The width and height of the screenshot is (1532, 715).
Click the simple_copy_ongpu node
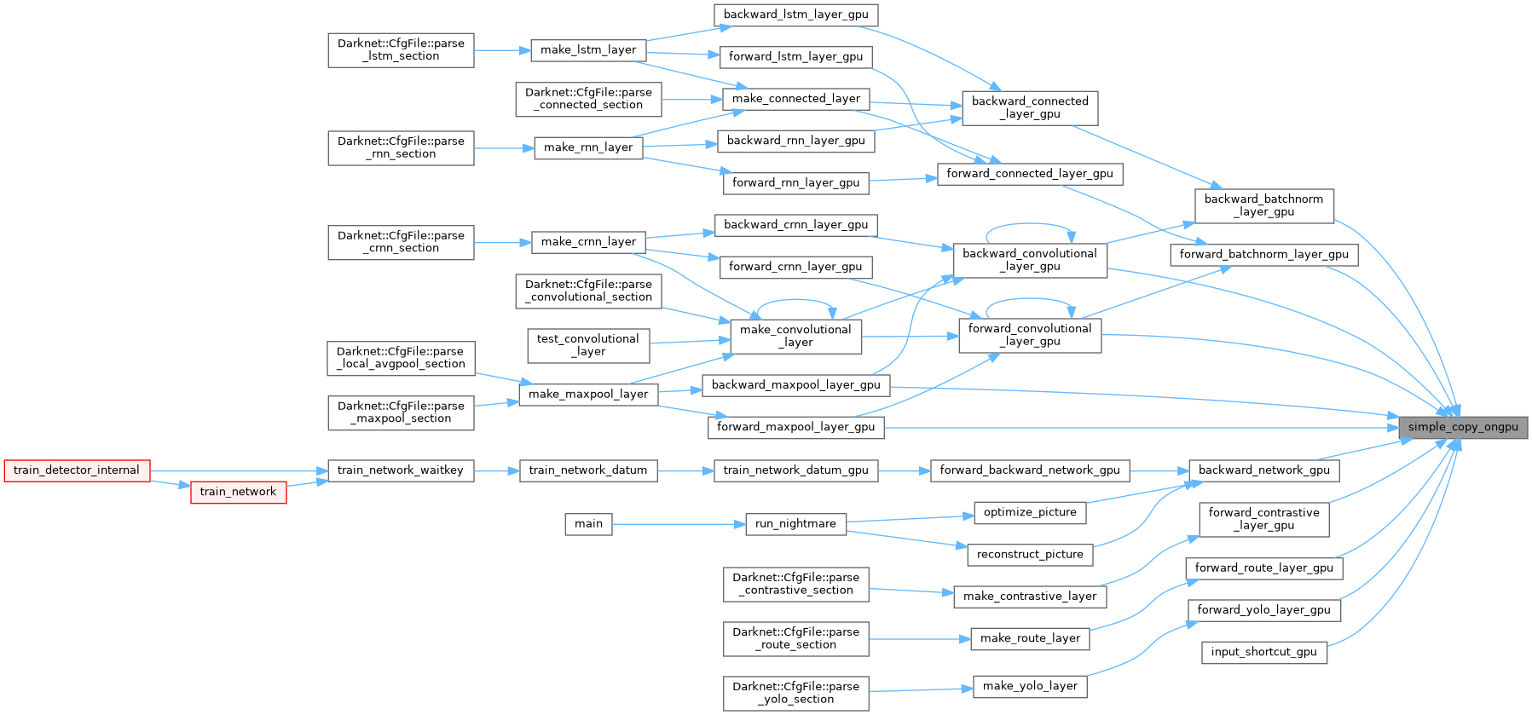[1463, 427]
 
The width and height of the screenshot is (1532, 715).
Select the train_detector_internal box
[77, 470]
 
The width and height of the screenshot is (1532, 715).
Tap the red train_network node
[238, 492]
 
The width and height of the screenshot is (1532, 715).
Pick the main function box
[588, 523]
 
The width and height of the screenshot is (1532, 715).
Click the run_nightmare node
[795, 523]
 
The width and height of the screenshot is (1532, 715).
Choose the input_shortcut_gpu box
[1263, 652]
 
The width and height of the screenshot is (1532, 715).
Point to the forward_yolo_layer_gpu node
[1263, 610]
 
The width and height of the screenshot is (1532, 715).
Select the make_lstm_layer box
[588, 50]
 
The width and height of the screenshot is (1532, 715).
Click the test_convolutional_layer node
[588, 345]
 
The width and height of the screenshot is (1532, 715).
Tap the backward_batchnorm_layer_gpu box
[1263, 205]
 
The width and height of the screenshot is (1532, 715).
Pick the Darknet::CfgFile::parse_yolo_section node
[795, 693]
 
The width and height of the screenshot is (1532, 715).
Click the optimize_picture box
[1030, 512]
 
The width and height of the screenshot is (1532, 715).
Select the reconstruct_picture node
[1030, 555]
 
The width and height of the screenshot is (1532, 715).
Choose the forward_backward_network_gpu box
[1030, 470]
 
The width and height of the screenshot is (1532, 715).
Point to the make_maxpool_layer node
[588, 395]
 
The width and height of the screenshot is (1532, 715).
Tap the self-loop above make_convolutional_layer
[795, 301]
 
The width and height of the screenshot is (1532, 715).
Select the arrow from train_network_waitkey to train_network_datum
[496, 470]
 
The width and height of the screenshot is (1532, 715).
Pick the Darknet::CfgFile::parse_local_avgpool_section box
[401, 358]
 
